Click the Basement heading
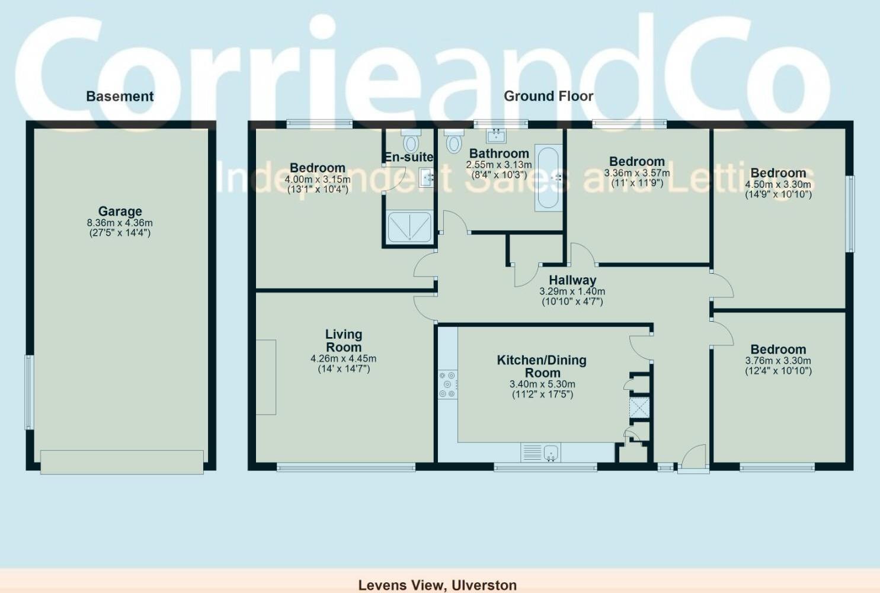point(120,97)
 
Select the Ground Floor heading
point(548,96)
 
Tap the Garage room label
point(120,211)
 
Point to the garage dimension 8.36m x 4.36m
point(120,223)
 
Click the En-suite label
point(409,157)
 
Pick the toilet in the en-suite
point(410,142)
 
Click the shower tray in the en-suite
point(409,226)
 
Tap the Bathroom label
point(499,153)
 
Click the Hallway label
point(572,280)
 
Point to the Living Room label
point(344,341)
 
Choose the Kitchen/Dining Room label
point(542,366)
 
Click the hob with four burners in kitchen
point(447,384)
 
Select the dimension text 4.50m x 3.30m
point(778,184)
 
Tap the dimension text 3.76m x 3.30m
point(778,361)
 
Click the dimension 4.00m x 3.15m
point(318,179)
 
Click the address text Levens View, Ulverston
point(437,585)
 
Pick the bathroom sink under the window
point(496,136)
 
